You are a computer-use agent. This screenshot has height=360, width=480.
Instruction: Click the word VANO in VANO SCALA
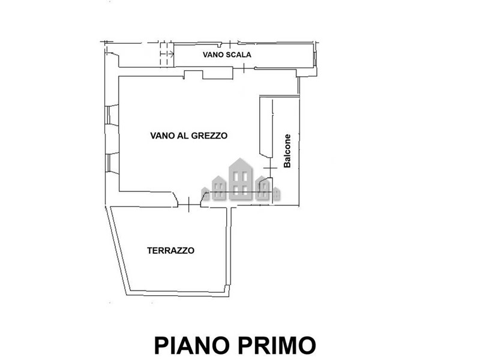point(211,55)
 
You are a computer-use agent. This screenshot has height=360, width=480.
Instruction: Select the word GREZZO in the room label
point(209,136)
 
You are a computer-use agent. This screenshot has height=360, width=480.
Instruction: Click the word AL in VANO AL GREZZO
point(184,136)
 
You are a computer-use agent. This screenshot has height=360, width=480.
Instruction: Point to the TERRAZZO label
point(170,251)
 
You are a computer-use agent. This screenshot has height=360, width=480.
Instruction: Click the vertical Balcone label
point(287,151)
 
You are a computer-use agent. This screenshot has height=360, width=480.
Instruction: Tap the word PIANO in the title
point(192,346)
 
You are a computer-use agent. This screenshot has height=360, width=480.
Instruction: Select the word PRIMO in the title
point(277,346)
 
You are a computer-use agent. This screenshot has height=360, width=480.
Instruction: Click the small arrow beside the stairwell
point(167,54)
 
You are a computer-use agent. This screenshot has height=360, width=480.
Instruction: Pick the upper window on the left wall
point(112,115)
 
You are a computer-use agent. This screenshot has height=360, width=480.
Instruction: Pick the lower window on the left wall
point(112,163)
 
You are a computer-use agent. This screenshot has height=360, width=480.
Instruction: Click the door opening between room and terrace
point(189,205)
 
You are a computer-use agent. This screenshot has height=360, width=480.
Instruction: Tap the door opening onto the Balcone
point(271,168)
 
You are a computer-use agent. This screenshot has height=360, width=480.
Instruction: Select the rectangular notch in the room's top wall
point(193,74)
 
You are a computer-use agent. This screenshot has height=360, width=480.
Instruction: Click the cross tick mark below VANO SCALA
point(244,68)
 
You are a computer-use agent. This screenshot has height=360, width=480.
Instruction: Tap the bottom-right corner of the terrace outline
point(229,296)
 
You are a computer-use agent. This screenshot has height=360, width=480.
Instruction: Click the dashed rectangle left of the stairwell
point(167,54)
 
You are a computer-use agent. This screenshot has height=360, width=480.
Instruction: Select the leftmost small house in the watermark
point(205,194)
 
